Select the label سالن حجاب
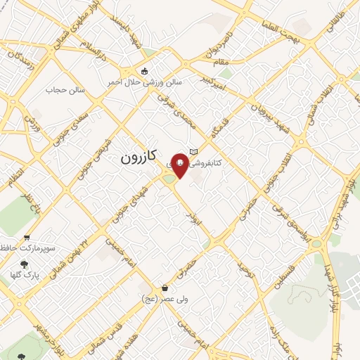[x=65, y=90]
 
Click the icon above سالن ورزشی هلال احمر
[x=145, y=71]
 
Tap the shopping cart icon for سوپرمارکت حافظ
[x=27, y=237]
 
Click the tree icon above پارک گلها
[x=25, y=264]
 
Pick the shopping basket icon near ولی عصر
[x=165, y=288]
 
